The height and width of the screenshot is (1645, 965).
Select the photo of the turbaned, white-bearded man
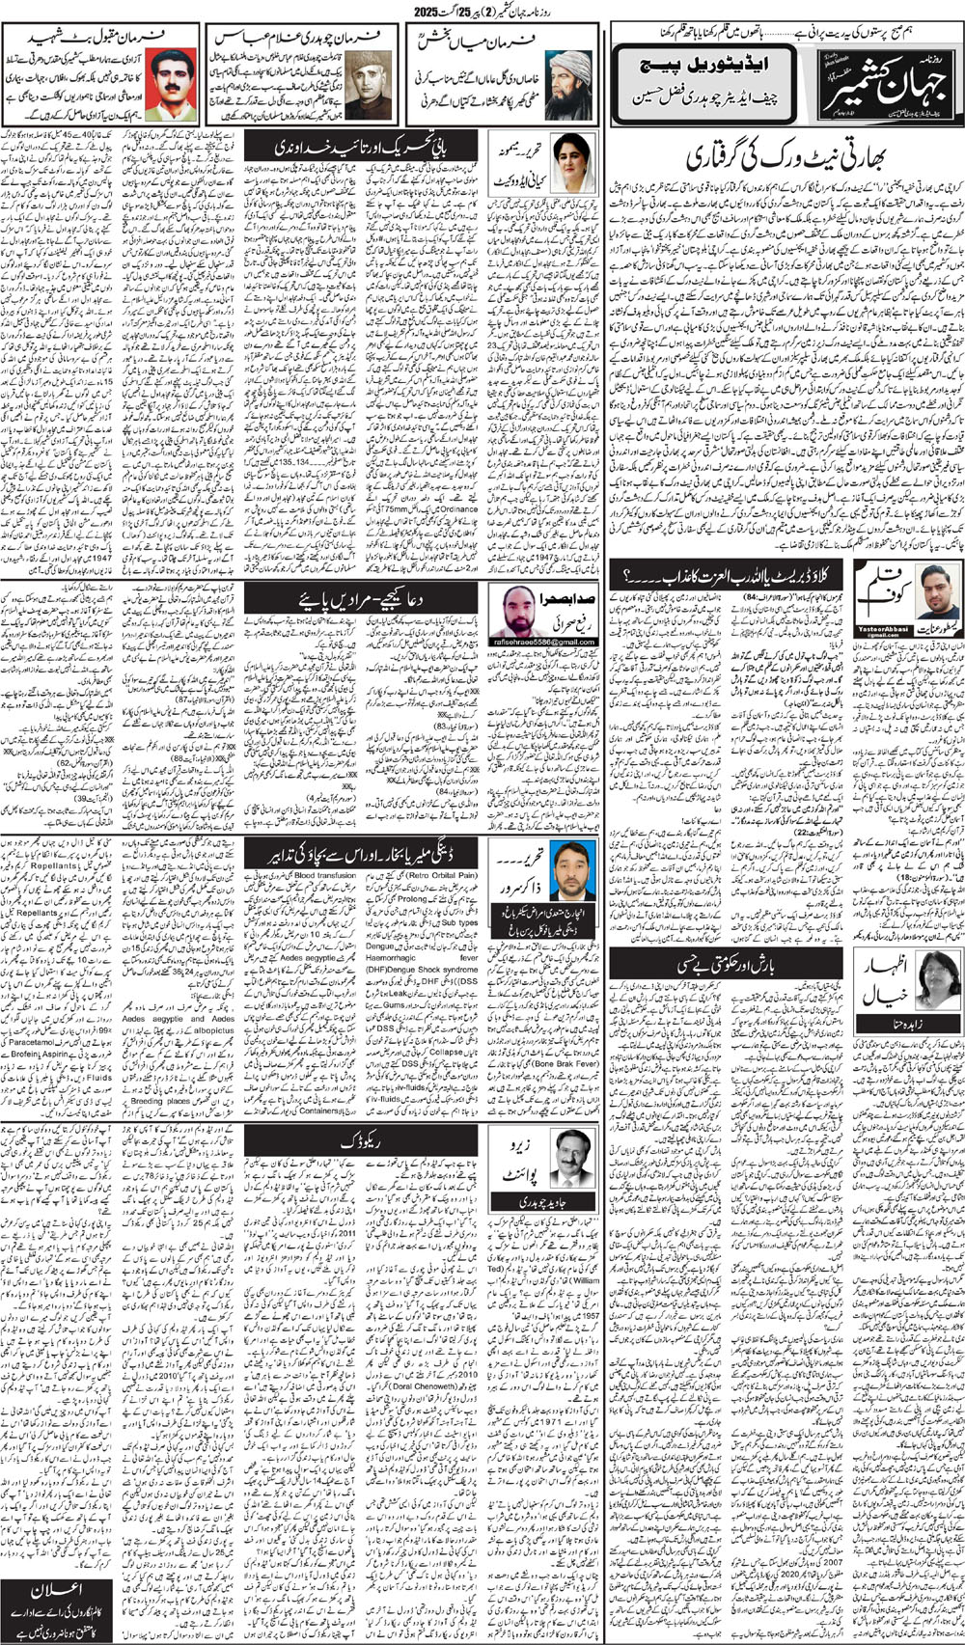coord(568,84)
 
